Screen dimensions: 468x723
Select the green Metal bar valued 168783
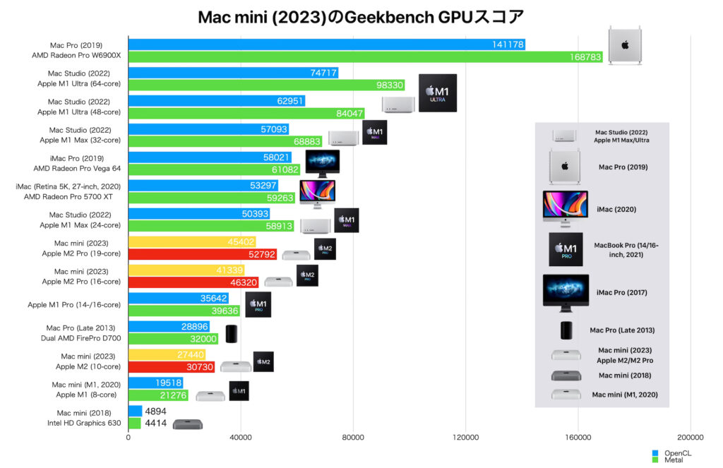pyautogui.click(x=365, y=56)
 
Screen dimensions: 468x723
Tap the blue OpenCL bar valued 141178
pyautogui.click(x=326, y=44)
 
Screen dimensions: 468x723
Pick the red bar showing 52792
pyautogui.click(x=202, y=254)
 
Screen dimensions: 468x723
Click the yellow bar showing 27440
pyautogui.click(x=167, y=355)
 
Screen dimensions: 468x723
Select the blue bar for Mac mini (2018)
pyautogui.click(x=135, y=412)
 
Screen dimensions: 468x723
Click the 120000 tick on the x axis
pyautogui.click(x=465, y=438)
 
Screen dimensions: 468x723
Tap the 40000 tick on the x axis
pyautogui.click(x=241, y=438)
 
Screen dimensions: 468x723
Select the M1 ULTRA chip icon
pyautogui.click(x=438, y=92)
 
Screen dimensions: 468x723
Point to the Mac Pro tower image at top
pyautogui.click(x=625, y=45)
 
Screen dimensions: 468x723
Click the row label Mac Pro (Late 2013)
pyautogui.click(x=80, y=328)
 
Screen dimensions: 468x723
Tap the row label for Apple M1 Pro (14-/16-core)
pyautogui.click(x=74, y=305)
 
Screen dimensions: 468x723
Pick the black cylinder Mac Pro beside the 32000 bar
pyautogui.click(x=232, y=334)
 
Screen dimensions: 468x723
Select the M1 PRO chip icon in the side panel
pyautogui.click(x=566, y=249)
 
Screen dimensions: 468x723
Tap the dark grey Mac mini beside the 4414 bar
pyautogui.click(x=187, y=424)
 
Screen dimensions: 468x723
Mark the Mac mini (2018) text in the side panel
pyautogui.click(x=624, y=376)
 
